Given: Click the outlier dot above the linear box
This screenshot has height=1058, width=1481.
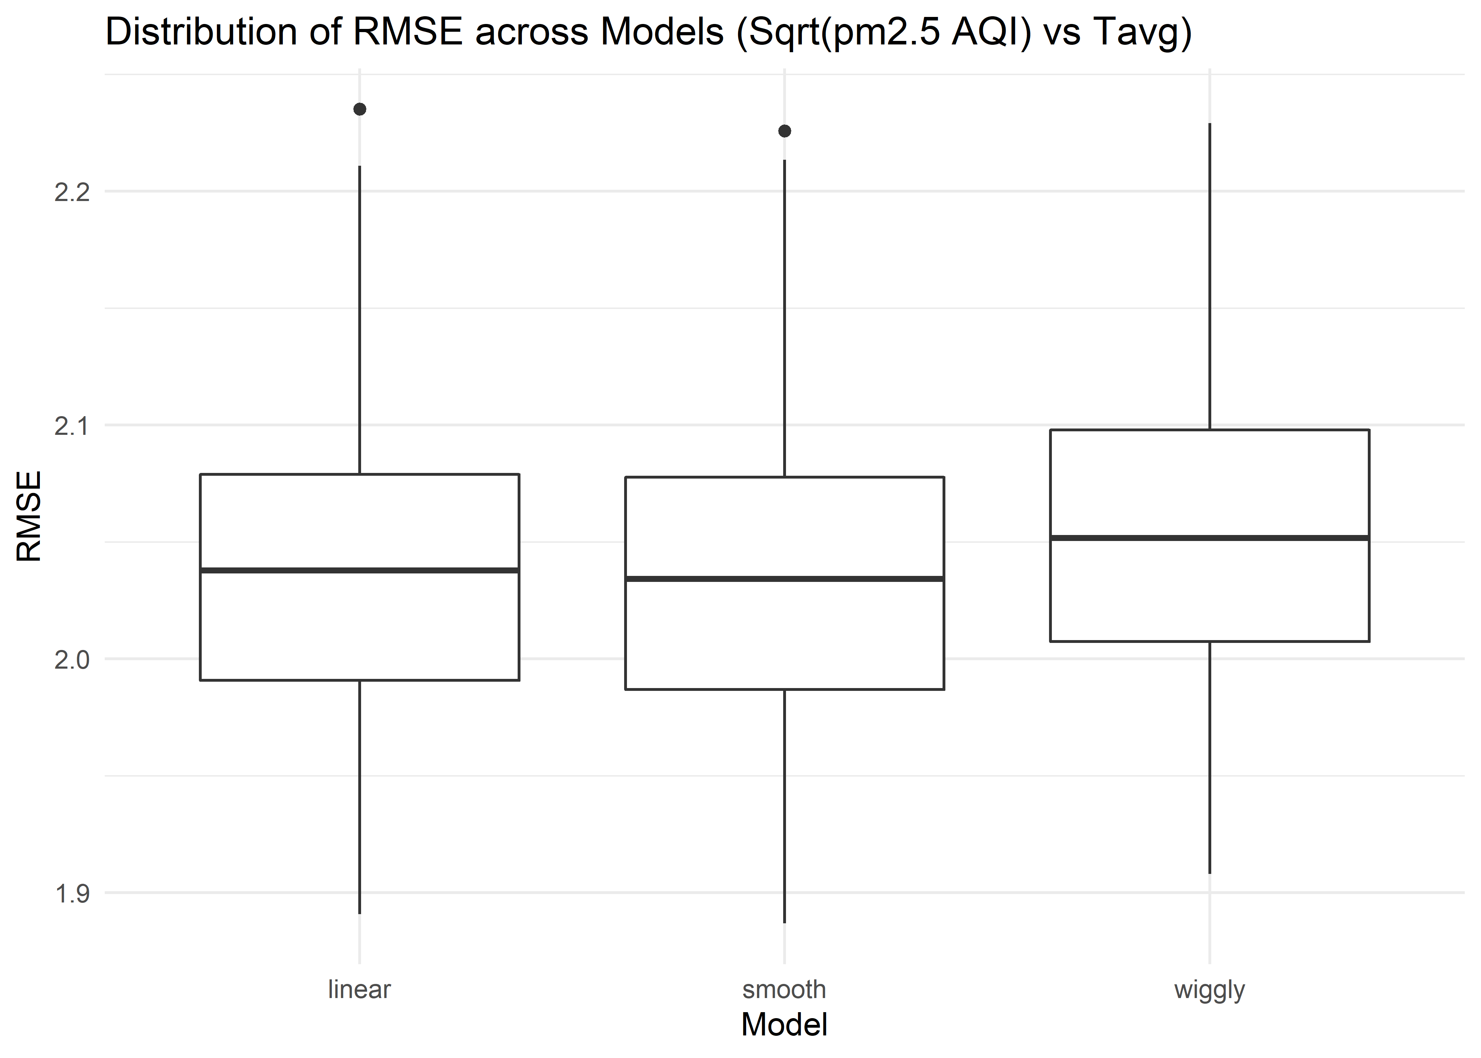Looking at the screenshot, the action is coord(360,109).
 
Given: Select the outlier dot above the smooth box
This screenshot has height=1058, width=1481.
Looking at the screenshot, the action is coord(785,131).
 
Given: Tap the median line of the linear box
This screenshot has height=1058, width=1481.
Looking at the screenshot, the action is coord(360,570).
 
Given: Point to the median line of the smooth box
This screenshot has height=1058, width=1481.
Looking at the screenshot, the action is coord(785,578).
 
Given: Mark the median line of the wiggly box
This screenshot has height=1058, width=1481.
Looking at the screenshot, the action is coord(1210,537).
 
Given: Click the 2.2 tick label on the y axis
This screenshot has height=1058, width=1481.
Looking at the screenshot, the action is coord(72,192).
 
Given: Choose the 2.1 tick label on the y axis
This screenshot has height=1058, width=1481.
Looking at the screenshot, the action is coord(72,426).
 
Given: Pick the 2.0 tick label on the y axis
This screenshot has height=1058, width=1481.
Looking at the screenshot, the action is coord(72,660).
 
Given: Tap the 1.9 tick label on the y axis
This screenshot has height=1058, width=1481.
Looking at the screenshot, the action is coord(72,894).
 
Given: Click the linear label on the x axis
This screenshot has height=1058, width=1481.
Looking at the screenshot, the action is coord(360,990).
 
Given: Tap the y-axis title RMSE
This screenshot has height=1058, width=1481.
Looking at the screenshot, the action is coord(29,517).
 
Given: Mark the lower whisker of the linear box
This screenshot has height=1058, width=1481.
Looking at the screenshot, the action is coord(360,797).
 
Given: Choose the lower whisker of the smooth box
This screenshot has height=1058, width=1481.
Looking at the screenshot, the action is coord(785,806).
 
